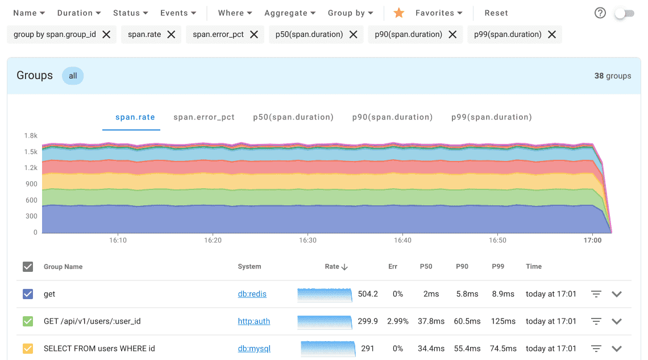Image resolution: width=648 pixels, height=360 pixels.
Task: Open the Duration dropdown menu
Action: click(x=78, y=13)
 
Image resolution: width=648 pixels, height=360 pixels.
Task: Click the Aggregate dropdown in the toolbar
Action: click(x=290, y=13)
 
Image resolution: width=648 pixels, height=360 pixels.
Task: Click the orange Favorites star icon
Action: click(x=399, y=13)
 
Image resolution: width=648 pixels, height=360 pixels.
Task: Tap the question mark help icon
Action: click(x=600, y=13)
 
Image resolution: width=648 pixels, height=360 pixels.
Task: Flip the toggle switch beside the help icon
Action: click(x=624, y=13)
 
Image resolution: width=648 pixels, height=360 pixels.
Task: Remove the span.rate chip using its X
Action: click(x=171, y=35)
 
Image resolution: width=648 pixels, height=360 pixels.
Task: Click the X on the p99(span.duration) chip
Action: click(x=552, y=35)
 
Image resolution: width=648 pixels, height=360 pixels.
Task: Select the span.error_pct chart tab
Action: click(x=204, y=117)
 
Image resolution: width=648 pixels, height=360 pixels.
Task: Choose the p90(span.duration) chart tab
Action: click(x=392, y=117)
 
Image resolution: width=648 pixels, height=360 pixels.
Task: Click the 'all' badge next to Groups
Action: click(x=73, y=76)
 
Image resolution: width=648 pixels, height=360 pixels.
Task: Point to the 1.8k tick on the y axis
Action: click(x=30, y=136)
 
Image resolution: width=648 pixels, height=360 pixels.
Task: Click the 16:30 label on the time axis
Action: click(x=308, y=241)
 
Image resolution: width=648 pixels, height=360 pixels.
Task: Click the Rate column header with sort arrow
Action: click(x=336, y=267)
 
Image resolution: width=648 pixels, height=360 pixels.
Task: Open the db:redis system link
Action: click(x=252, y=294)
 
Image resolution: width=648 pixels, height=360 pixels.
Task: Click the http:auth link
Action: click(x=254, y=321)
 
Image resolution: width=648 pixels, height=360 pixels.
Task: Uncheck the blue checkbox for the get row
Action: click(x=28, y=294)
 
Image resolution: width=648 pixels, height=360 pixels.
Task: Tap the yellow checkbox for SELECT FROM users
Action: click(x=28, y=349)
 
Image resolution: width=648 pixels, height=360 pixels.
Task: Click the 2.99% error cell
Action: click(x=397, y=321)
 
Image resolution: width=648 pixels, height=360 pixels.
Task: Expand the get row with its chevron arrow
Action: click(x=617, y=294)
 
